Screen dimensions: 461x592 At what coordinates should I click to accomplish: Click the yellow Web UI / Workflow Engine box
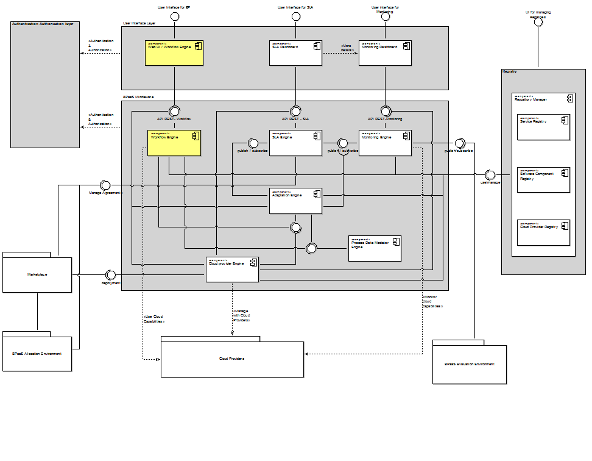click(174, 53)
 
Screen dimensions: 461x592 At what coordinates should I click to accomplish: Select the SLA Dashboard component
click(295, 53)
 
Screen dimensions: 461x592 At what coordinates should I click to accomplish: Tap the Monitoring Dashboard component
click(385, 53)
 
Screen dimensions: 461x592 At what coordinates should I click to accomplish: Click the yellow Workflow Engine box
click(174, 143)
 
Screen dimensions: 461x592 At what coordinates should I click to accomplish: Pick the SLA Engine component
click(295, 143)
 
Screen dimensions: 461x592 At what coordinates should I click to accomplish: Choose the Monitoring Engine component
click(385, 143)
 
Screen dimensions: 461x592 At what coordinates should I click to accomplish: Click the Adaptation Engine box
click(295, 201)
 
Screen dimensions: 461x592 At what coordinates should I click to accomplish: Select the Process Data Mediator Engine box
click(375, 248)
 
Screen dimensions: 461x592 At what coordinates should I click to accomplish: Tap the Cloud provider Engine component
click(232, 270)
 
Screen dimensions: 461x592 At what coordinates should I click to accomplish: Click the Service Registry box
click(543, 127)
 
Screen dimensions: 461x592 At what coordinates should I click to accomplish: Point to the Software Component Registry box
click(543, 180)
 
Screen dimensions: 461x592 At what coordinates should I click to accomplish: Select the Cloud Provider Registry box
click(543, 232)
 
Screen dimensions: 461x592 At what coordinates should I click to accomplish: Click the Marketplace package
click(37, 274)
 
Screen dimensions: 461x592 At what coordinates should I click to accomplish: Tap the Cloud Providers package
click(232, 359)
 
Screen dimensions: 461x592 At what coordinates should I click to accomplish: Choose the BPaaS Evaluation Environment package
click(469, 365)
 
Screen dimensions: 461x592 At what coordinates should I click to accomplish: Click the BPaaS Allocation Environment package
click(37, 354)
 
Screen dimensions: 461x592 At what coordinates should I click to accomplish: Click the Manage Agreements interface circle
click(104, 185)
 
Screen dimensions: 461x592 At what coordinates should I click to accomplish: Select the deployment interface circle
click(111, 274)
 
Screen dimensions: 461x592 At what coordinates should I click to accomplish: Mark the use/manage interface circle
click(490, 174)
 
